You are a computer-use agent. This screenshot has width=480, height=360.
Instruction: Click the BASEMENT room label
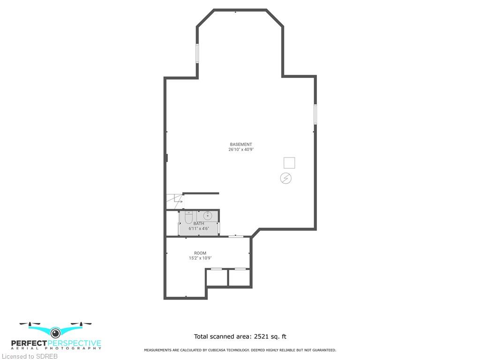pos(241,144)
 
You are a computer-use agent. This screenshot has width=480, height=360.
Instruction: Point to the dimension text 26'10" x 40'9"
pos(241,150)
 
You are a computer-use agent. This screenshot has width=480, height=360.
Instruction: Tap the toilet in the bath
pos(188,217)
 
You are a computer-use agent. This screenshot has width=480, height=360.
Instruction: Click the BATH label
pos(199,224)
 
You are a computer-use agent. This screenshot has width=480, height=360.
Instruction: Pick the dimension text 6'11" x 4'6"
pos(199,228)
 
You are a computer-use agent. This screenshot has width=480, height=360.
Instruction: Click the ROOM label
pos(200,253)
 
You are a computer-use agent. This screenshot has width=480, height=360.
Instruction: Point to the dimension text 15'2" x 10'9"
pos(200,258)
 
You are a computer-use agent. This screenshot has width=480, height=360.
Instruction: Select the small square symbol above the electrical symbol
pos(289,163)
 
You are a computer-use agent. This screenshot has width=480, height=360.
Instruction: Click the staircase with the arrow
pos(175,201)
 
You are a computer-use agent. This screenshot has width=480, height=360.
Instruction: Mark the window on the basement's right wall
pos(315,114)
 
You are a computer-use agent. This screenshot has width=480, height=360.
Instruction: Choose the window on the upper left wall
pos(197,53)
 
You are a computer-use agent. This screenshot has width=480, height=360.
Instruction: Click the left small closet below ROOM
pos(217,277)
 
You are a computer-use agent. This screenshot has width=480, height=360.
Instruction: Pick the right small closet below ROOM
pos(240,277)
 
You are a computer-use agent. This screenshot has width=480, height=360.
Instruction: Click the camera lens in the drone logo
pos(55,333)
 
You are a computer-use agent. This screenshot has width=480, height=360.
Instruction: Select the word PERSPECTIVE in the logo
pos(75,343)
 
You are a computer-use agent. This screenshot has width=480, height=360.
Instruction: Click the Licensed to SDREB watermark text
pos(30,356)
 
